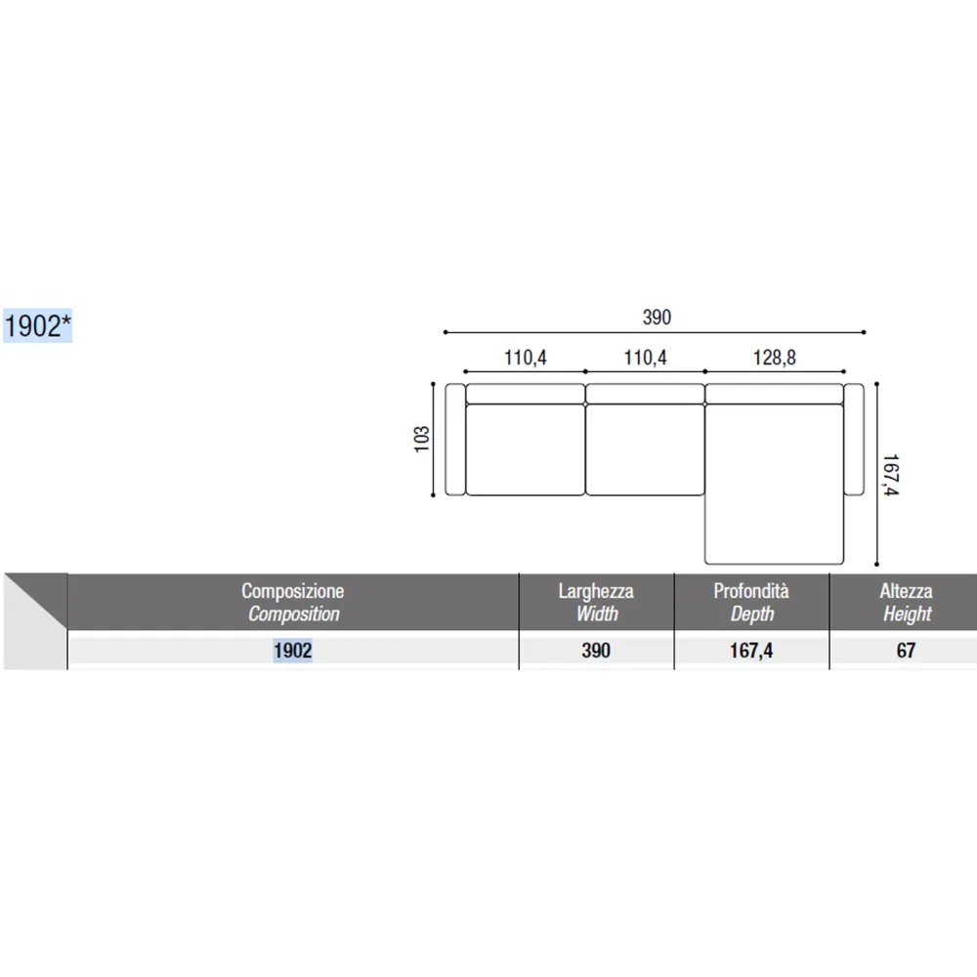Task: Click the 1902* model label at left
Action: (x=37, y=326)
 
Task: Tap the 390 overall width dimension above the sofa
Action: (x=657, y=318)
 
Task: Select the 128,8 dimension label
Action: (x=774, y=358)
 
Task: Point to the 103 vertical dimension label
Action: (x=422, y=440)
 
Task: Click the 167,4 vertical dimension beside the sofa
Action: (x=891, y=475)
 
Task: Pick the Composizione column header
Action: (x=293, y=602)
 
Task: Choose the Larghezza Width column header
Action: (x=596, y=602)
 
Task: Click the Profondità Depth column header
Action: (x=751, y=602)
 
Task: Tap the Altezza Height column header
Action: (x=907, y=602)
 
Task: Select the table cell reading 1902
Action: (x=293, y=651)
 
